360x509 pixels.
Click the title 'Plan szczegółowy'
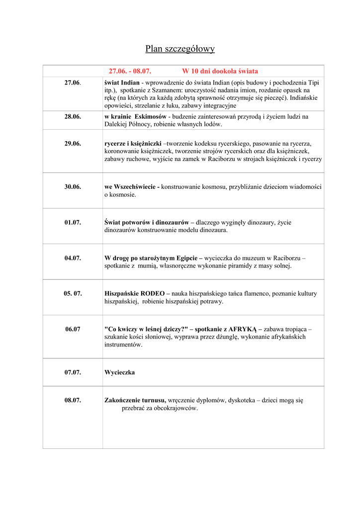[x=180, y=49]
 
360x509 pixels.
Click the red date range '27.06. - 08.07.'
[x=130, y=71]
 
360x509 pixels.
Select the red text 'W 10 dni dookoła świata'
[x=220, y=71]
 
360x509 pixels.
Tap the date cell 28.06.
[x=73, y=116]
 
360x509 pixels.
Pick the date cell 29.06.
[x=73, y=143]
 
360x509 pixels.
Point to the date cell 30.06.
[x=73, y=187]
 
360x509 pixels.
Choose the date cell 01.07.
[x=73, y=222]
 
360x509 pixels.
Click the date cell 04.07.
[x=73, y=258]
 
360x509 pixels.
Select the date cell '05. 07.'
[x=73, y=293]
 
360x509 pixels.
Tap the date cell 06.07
[x=73, y=329]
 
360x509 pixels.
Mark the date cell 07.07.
[x=73, y=372]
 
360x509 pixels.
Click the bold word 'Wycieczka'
[x=119, y=372]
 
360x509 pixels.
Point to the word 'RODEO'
[x=152, y=293]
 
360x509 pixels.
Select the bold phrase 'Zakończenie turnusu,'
[x=135, y=400]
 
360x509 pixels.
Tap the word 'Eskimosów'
[x=151, y=116]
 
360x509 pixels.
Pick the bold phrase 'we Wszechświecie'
[x=130, y=187]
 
